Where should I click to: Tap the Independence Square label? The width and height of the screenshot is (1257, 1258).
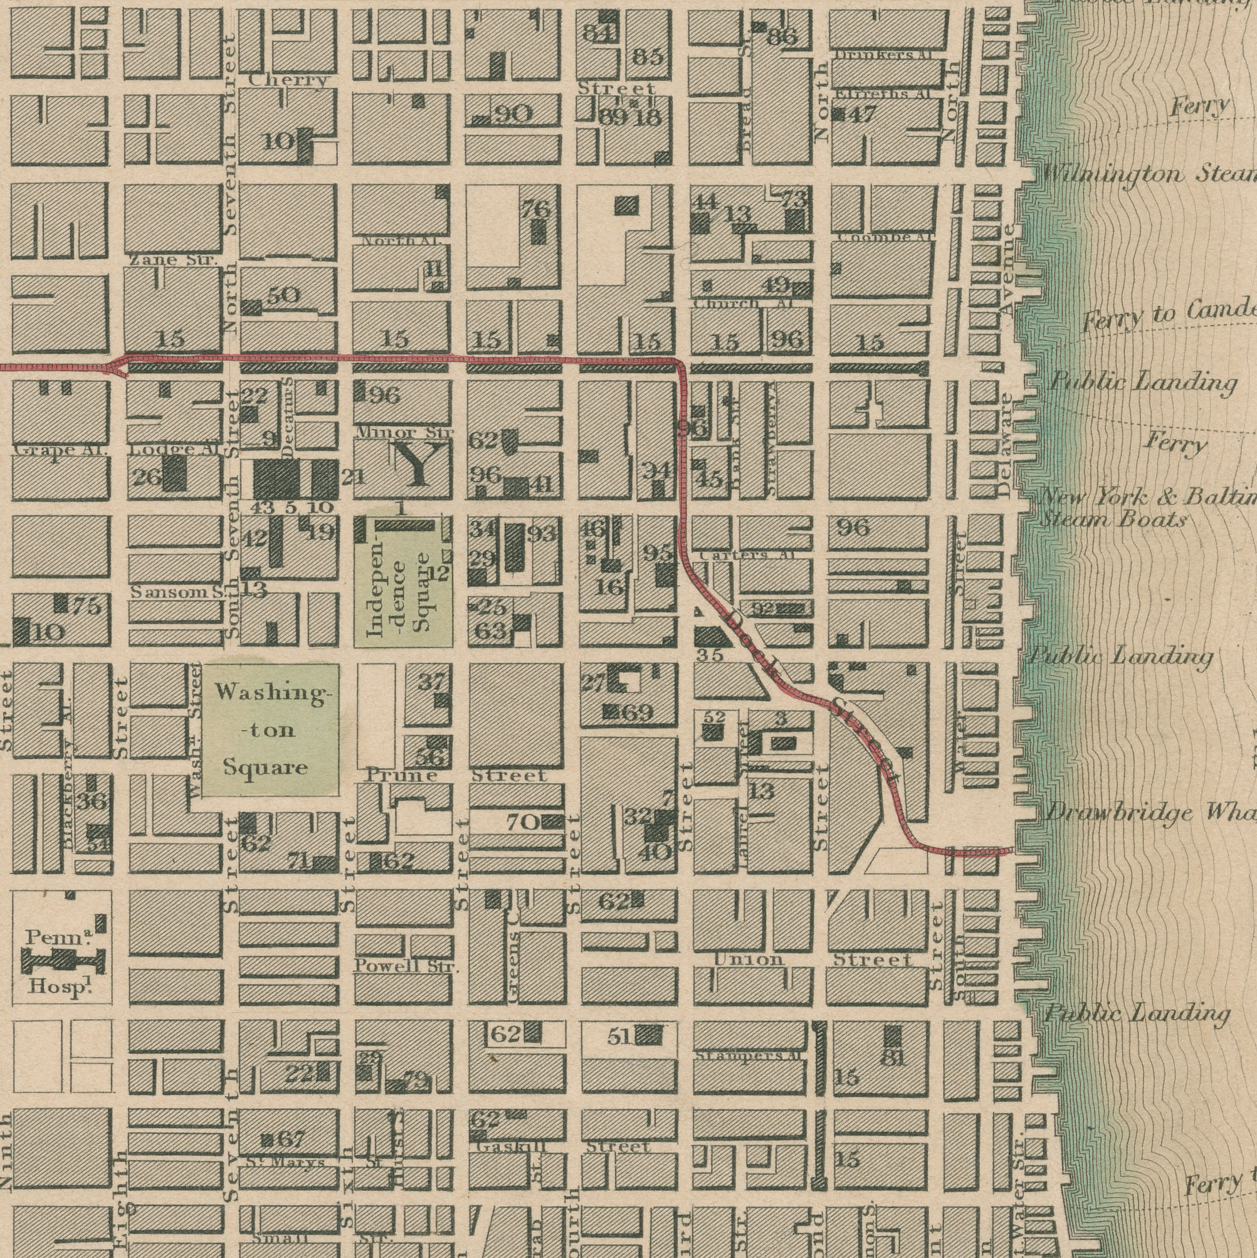404,592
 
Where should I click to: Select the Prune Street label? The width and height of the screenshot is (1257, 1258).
401,775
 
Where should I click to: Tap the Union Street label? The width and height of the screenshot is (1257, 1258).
813,959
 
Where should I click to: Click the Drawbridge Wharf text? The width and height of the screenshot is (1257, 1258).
1149,813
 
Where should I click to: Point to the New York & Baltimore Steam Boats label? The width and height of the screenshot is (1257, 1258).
1145,509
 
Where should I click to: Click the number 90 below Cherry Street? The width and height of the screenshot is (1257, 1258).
513,115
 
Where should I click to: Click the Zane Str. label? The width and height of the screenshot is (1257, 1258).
172,260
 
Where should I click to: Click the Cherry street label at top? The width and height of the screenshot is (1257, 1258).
288,80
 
